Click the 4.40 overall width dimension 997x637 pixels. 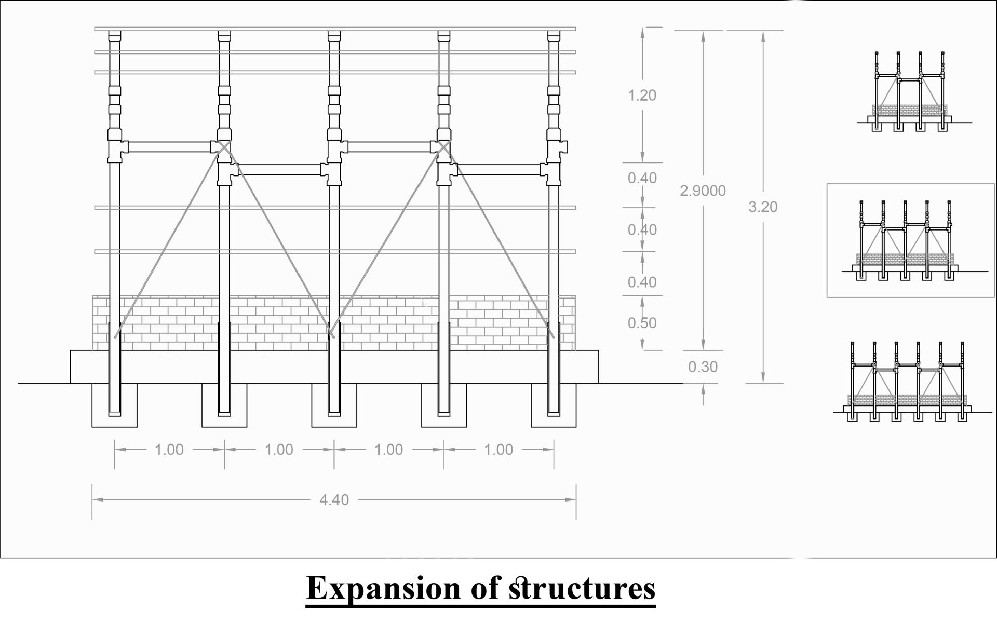(x=334, y=500)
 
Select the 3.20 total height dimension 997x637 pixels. (x=763, y=207)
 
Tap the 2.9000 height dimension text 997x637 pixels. (x=703, y=191)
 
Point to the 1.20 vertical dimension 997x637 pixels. (x=642, y=96)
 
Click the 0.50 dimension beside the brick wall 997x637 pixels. (x=642, y=323)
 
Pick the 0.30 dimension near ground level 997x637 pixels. (x=703, y=367)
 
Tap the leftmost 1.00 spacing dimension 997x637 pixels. (x=169, y=450)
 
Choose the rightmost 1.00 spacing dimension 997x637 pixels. (x=498, y=450)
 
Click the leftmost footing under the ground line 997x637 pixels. (x=115, y=405)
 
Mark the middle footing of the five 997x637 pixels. (x=334, y=405)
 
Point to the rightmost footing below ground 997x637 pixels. (x=554, y=405)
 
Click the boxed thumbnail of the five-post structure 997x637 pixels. (x=911, y=240)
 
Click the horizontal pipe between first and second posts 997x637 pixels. (x=169, y=147)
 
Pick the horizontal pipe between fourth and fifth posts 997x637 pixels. (x=498, y=170)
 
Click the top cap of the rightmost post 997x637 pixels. (x=554, y=36)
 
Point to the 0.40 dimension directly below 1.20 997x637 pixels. (x=642, y=178)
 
